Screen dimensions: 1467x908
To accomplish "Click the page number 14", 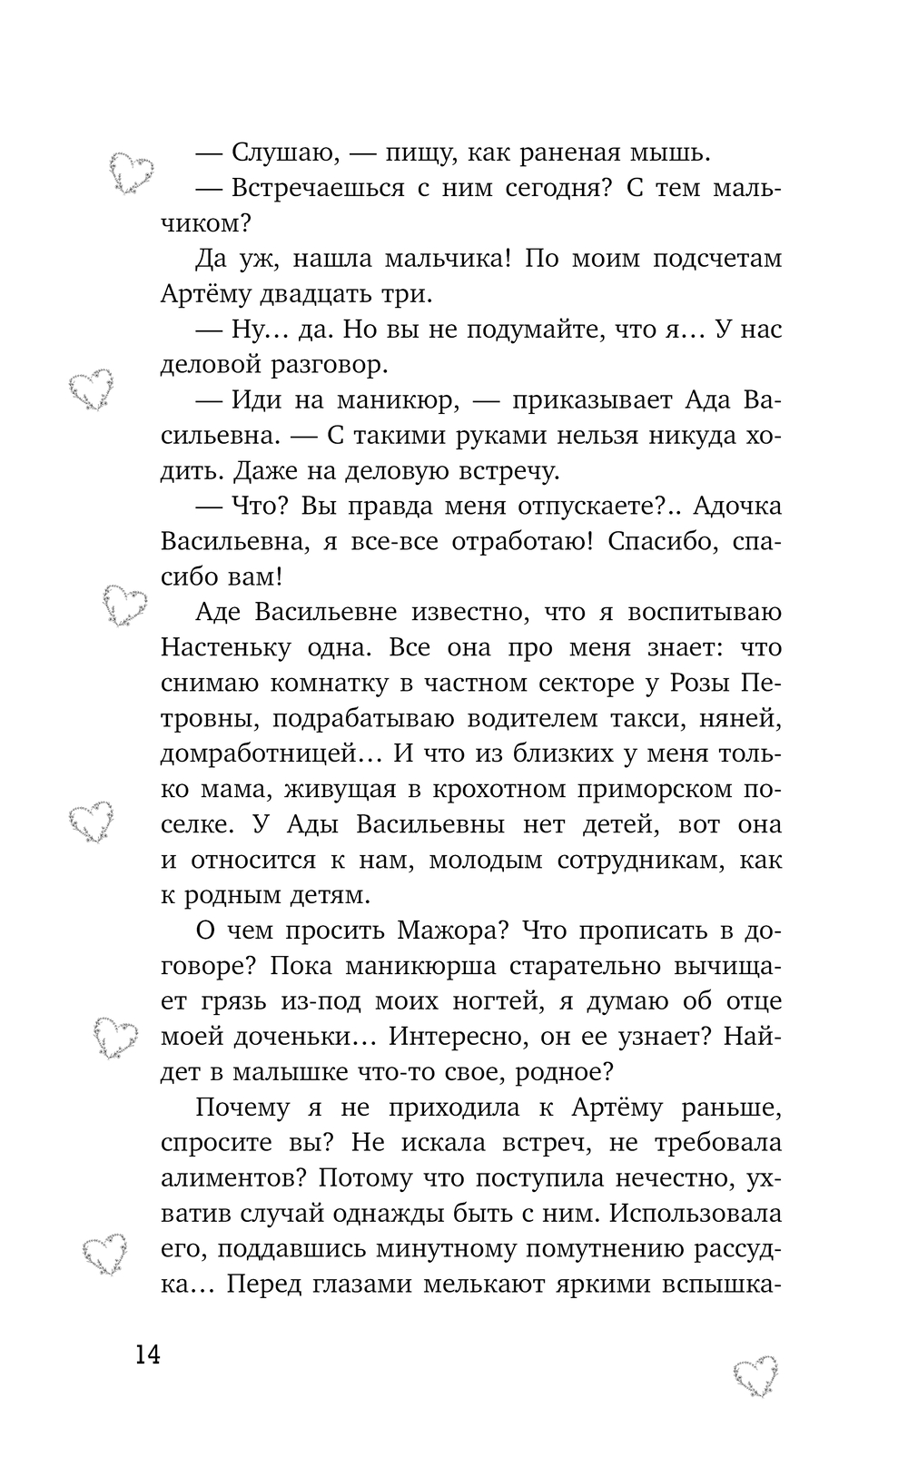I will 147,1355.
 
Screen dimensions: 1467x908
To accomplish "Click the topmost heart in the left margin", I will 132,172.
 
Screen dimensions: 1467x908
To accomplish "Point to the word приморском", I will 624,790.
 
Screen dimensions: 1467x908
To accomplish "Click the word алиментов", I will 227,1179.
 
